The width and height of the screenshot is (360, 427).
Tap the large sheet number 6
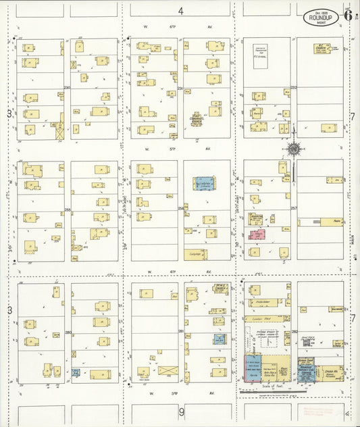347,14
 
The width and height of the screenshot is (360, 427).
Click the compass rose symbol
293,148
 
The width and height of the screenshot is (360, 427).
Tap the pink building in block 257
257,234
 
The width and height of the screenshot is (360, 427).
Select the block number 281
180,331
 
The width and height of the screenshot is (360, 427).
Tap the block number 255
68,210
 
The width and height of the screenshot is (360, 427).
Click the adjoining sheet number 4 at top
180,11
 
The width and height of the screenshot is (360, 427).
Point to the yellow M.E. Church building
220,288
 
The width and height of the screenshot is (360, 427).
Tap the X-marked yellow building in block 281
167,371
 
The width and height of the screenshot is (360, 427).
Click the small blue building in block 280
76,372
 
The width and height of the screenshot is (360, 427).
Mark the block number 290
67,87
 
